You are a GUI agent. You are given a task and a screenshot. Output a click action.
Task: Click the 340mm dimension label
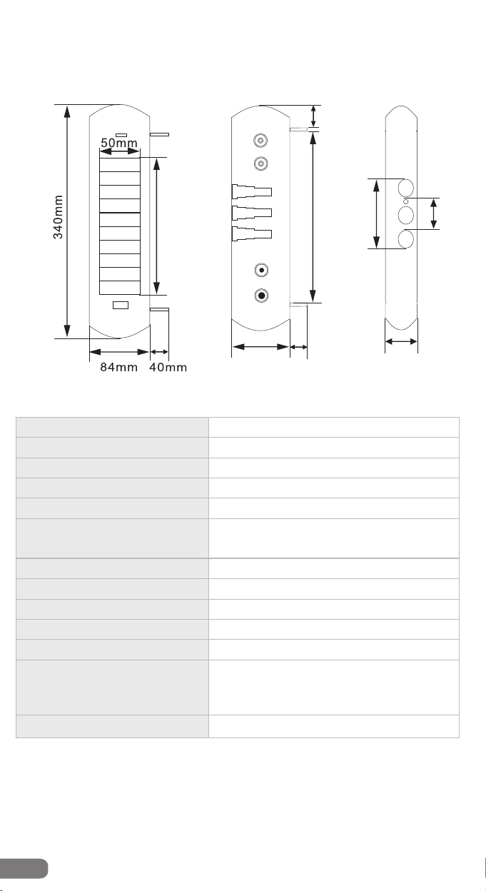point(58,217)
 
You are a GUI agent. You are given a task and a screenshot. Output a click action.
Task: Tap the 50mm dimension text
point(119,142)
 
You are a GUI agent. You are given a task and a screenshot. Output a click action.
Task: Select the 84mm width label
point(119,367)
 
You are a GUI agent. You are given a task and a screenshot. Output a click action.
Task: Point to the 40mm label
point(168,367)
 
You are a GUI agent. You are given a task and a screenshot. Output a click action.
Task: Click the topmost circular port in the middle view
point(260,140)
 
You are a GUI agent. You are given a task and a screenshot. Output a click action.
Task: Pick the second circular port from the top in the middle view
point(260,163)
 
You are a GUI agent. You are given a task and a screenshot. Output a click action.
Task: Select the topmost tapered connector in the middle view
point(252,192)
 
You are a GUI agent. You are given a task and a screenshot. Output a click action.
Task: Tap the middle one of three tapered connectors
point(252,213)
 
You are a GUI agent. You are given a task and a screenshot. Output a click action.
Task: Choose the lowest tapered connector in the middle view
point(252,234)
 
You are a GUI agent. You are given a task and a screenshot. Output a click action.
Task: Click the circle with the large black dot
point(261,296)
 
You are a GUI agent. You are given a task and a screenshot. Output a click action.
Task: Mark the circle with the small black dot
point(261,271)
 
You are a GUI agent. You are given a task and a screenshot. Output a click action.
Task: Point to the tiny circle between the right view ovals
point(405,201)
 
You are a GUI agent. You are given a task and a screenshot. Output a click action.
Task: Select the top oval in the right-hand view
point(405,188)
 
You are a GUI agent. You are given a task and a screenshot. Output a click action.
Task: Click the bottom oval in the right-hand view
point(405,239)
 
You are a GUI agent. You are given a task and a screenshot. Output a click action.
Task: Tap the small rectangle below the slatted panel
point(121,305)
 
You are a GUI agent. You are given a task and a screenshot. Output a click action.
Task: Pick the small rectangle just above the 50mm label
point(121,135)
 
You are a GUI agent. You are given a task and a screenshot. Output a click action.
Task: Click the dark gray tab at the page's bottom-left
point(24,868)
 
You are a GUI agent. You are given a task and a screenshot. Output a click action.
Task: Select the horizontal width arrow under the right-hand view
point(401,341)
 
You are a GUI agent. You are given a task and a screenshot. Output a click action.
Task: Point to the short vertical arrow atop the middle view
point(313,116)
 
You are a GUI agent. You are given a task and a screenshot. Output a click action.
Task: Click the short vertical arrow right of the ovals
point(433,213)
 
